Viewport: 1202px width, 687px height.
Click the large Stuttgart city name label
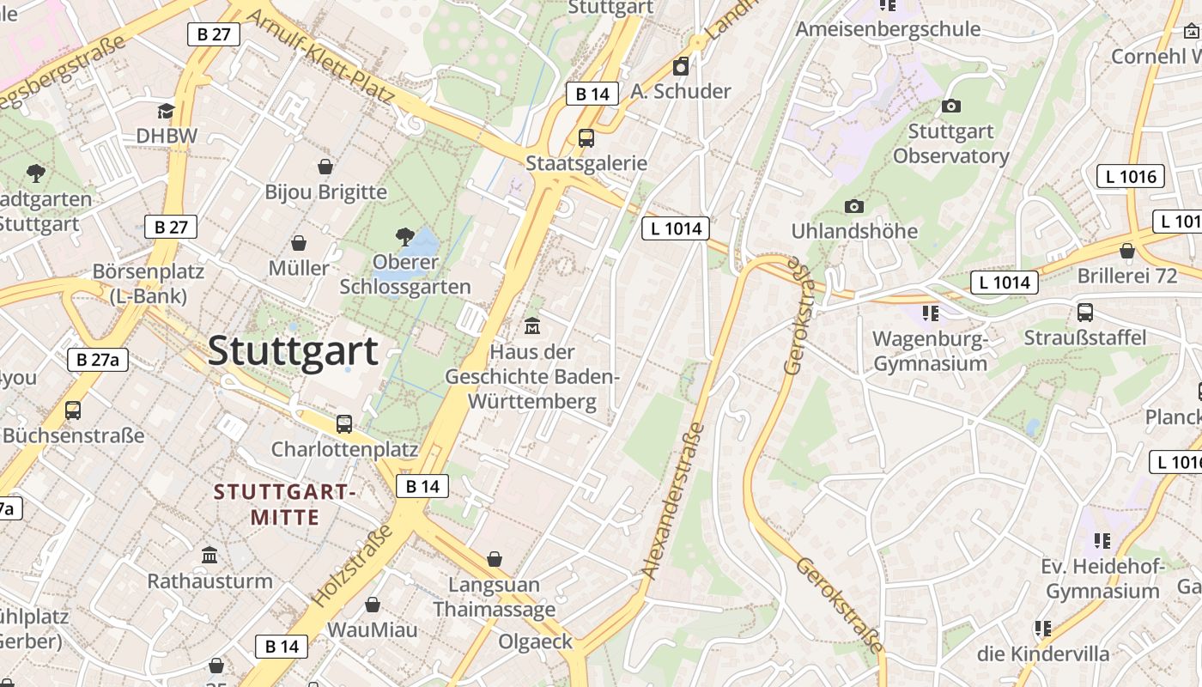[x=293, y=350]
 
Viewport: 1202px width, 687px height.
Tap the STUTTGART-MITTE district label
[x=284, y=505]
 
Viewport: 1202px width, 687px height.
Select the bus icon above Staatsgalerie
[x=586, y=137]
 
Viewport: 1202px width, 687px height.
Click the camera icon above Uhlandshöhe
[x=853, y=206]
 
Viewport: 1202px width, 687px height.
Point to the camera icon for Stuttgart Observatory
[x=951, y=106]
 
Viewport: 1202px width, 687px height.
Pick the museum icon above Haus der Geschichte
[x=532, y=326]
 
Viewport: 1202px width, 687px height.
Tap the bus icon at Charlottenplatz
[x=344, y=423]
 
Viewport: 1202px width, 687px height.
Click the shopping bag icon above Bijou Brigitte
[x=325, y=166]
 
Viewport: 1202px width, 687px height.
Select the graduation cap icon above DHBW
[x=166, y=111]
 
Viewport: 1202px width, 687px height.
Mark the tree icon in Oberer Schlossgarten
[x=404, y=236]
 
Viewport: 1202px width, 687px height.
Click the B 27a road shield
[x=98, y=359]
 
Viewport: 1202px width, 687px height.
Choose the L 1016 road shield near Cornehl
[x=1131, y=176]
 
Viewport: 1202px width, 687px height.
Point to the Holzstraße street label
[x=352, y=565]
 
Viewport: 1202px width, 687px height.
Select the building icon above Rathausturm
[x=209, y=555]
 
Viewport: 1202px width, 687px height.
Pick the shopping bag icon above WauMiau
[x=373, y=605]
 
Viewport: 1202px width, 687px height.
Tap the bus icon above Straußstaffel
[x=1085, y=312]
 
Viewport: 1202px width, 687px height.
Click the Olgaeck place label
[x=535, y=641]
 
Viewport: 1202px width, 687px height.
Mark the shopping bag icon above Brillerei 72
[x=1127, y=251]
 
